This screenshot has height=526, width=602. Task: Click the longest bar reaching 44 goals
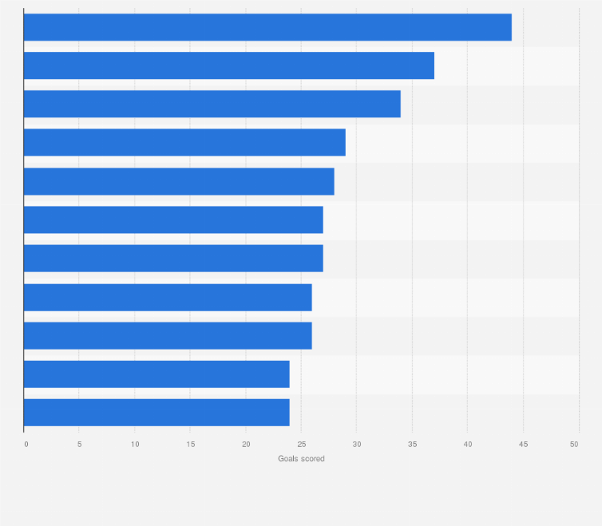click(267, 27)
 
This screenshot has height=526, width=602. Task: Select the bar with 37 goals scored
click(229, 65)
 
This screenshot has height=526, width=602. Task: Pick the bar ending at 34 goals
click(212, 104)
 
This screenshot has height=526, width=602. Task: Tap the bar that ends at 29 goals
click(184, 142)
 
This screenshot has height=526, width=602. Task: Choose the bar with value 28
click(179, 181)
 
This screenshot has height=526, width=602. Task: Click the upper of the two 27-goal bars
click(173, 219)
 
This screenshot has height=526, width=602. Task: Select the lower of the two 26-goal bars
click(168, 335)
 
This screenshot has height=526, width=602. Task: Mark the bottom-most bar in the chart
click(156, 412)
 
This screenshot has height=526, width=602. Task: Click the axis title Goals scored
click(301, 459)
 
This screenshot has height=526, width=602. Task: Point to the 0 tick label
click(26, 444)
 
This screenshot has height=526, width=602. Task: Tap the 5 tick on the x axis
click(79, 444)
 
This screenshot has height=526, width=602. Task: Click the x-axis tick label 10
click(135, 444)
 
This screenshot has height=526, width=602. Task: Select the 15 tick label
click(190, 444)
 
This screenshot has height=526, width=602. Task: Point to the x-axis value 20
click(246, 444)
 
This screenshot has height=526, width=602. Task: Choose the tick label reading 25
click(301, 444)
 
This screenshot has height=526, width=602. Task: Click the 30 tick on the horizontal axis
click(357, 444)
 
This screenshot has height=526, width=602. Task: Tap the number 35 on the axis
click(412, 444)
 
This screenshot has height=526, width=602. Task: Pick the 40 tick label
click(468, 444)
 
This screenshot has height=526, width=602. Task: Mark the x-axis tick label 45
click(523, 444)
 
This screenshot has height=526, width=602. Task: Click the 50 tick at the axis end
click(574, 444)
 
